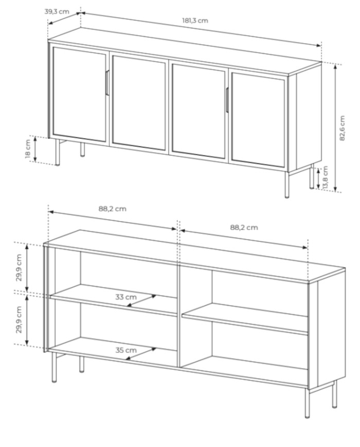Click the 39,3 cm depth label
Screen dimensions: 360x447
[57, 12]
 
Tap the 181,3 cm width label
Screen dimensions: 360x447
[195, 21]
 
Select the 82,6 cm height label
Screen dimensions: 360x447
[342, 128]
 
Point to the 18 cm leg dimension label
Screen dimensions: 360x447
[28, 148]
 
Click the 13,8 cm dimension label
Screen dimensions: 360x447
[326, 177]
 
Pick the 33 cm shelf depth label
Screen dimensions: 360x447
[125, 297]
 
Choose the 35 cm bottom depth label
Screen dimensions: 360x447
[125, 350]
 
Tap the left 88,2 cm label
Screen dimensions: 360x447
[112, 209]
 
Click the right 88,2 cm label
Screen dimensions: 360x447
[244, 227]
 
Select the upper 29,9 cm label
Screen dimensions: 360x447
[19, 267]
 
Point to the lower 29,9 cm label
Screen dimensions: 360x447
[19, 319]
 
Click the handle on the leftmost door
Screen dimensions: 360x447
[107, 82]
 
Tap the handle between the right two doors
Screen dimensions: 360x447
[227, 99]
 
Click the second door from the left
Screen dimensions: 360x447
[139, 102]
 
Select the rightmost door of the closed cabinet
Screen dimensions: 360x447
[258, 120]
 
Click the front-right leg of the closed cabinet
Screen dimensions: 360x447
[287, 185]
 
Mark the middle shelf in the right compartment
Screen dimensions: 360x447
[245, 319]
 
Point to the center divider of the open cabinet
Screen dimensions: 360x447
[179, 316]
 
